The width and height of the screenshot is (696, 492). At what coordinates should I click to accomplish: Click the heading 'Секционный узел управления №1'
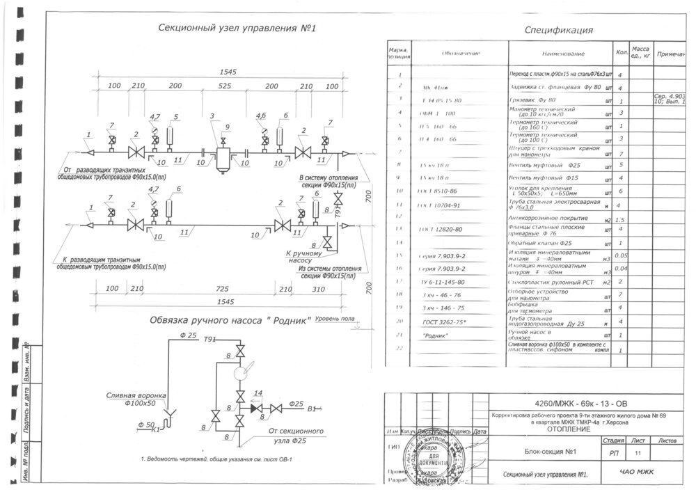[x=228, y=29]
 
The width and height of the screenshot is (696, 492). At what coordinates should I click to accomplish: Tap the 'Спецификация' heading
[x=559, y=30]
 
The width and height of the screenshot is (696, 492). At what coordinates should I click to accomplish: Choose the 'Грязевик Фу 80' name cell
[x=535, y=100]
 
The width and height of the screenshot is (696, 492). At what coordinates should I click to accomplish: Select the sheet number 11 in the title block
[x=638, y=453]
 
